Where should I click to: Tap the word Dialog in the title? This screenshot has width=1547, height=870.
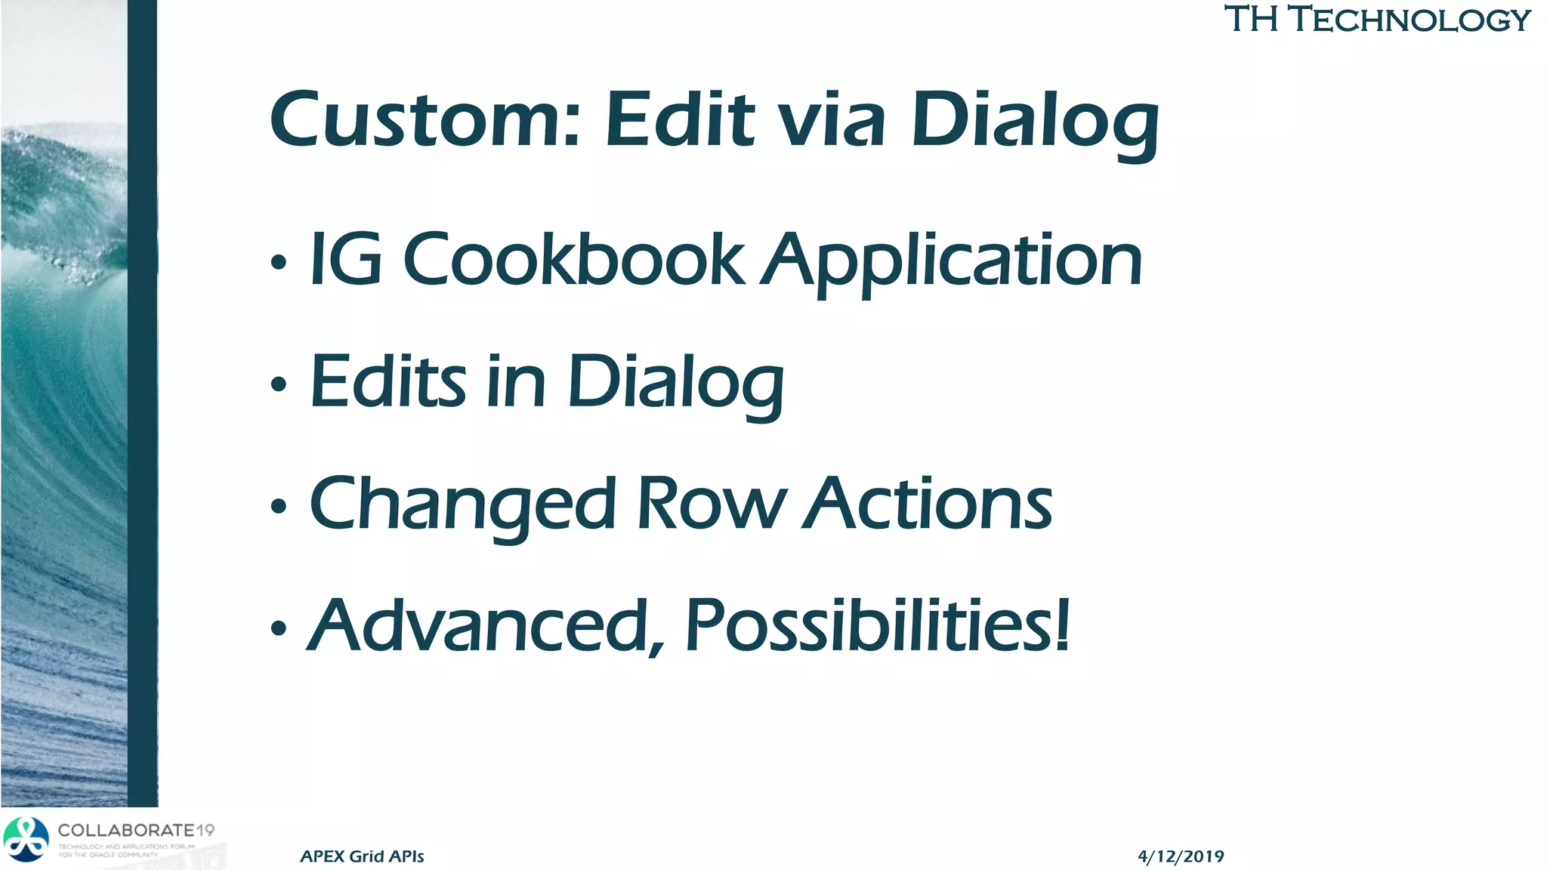coord(1035,121)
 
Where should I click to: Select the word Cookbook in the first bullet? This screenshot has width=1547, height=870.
coord(574,260)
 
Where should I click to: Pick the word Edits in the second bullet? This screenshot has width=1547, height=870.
coord(388,381)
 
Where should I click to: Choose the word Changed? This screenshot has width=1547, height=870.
coord(462,504)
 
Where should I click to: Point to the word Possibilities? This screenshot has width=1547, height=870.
coord(876,625)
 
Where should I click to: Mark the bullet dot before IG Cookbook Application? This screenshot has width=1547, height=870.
coord(279,263)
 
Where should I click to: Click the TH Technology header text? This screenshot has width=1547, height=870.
coord(1376,20)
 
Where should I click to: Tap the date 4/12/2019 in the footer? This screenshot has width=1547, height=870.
coord(1180,856)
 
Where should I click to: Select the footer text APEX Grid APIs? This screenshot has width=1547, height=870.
coord(362,856)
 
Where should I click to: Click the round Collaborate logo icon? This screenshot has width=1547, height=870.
coord(26,839)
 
